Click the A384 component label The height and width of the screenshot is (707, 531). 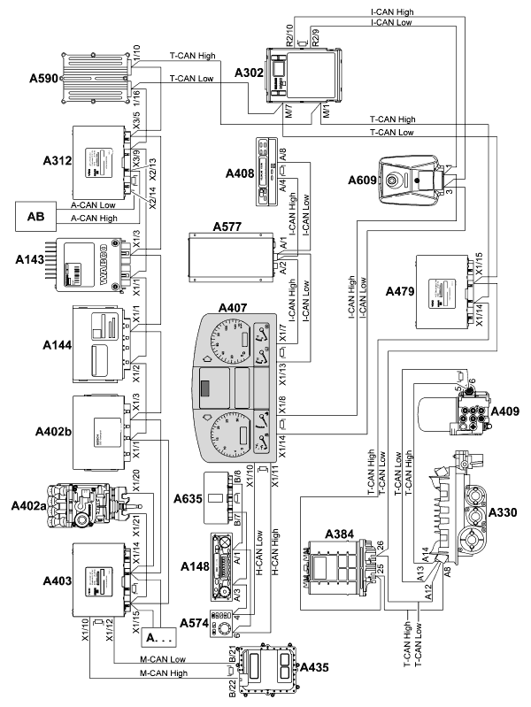tap(339, 534)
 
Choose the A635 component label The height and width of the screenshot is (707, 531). tap(190, 496)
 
